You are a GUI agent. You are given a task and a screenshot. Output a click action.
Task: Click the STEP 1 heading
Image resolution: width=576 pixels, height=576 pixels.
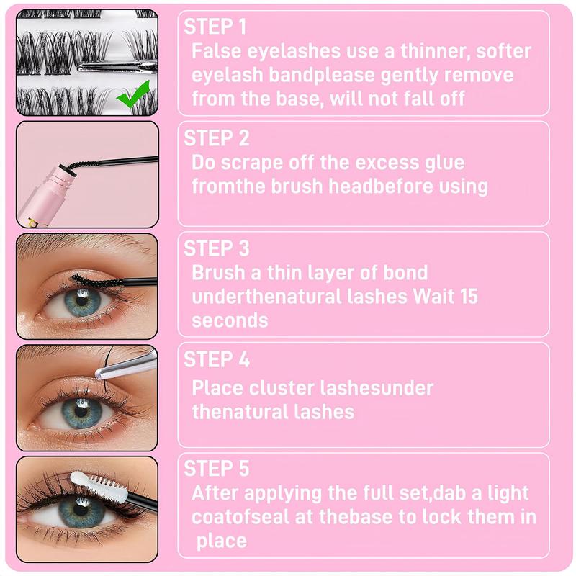pyautogui.click(x=215, y=27)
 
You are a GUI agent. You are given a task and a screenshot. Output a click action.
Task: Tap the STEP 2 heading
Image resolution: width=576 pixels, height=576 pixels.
pyautogui.click(x=217, y=138)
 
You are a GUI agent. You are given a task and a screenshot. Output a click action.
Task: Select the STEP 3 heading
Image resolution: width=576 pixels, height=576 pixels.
pyautogui.click(x=217, y=248)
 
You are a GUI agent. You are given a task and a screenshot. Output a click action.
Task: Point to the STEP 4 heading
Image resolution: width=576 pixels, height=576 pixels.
pyautogui.click(x=217, y=359)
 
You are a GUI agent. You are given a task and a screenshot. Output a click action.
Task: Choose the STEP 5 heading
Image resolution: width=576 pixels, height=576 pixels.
pyautogui.click(x=217, y=469)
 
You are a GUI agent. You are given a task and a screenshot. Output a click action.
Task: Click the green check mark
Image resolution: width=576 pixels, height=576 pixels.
pyautogui.click(x=133, y=94)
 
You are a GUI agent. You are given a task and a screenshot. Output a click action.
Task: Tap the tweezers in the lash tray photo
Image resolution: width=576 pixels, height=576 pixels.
pyautogui.click(x=117, y=66)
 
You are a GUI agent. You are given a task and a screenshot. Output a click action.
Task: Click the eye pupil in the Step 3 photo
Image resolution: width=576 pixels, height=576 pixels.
pyautogui.click(x=82, y=301)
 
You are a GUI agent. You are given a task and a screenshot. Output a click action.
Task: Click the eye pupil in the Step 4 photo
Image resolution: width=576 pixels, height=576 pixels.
pyautogui.click(x=81, y=411)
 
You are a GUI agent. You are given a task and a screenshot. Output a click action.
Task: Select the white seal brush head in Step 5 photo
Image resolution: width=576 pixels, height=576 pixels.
pyautogui.click(x=99, y=486)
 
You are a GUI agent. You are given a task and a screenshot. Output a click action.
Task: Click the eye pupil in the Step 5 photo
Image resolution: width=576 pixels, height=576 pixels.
pyautogui.click(x=81, y=510)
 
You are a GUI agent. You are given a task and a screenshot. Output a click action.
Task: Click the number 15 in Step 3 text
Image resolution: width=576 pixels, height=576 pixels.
pyautogui.click(x=469, y=296)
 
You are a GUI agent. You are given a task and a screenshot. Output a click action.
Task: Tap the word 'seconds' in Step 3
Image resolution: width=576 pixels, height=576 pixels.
pyautogui.click(x=230, y=320)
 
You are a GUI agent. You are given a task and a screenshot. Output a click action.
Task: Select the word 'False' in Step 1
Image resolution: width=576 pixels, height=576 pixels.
pyautogui.click(x=216, y=50)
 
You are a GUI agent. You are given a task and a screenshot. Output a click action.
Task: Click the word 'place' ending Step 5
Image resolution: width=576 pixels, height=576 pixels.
pyautogui.click(x=222, y=541)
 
